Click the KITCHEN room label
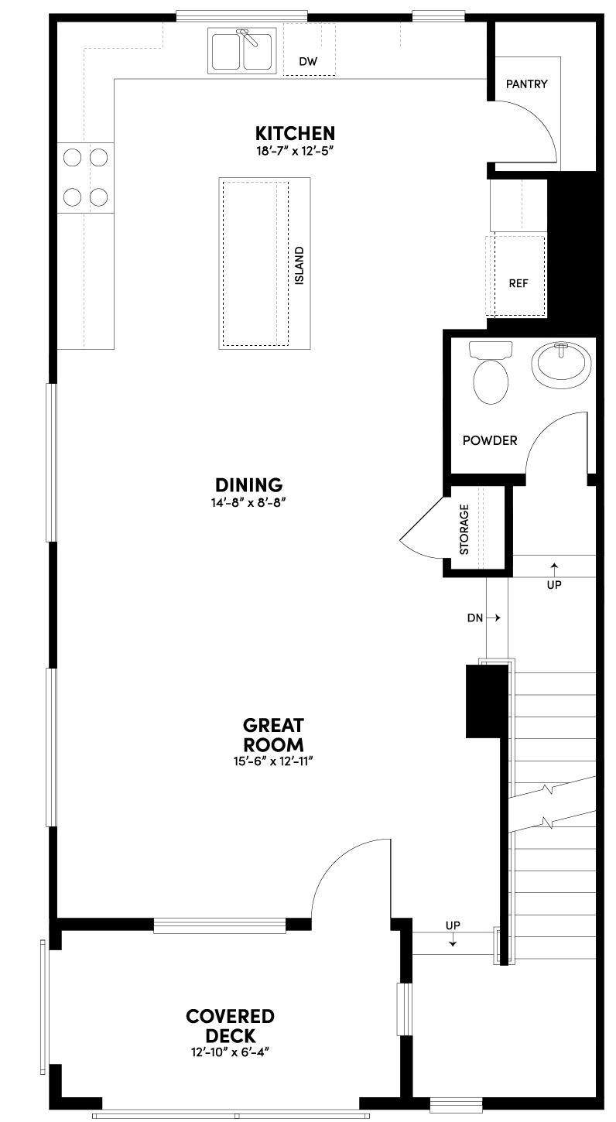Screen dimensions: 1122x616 click(x=296, y=132)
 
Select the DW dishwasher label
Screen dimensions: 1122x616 click(x=308, y=60)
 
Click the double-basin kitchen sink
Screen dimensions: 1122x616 click(x=242, y=50)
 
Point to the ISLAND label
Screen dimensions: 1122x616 click(x=299, y=265)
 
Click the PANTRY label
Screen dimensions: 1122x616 click(x=526, y=84)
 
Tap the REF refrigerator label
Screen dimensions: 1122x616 click(x=518, y=282)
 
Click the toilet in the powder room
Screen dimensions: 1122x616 click(x=491, y=373)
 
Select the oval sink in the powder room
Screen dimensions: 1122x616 click(x=562, y=365)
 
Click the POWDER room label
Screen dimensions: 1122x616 click(x=489, y=440)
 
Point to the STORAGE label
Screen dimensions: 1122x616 click(x=464, y=530)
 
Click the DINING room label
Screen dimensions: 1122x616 click(x=248, y=485)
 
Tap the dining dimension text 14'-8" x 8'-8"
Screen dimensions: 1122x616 click(x=248, y=501)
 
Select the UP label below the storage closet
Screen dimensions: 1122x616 click(x=553, y=584)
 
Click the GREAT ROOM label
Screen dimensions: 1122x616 click(x=273, y=735)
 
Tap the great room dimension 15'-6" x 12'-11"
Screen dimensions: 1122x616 click(x=273, y=761)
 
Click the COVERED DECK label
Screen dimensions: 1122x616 click(x=230, y=1025)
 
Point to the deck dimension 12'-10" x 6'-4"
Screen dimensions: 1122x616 click(x=230, y=1052)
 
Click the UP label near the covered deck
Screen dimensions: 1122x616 click(x=453, y=925)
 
